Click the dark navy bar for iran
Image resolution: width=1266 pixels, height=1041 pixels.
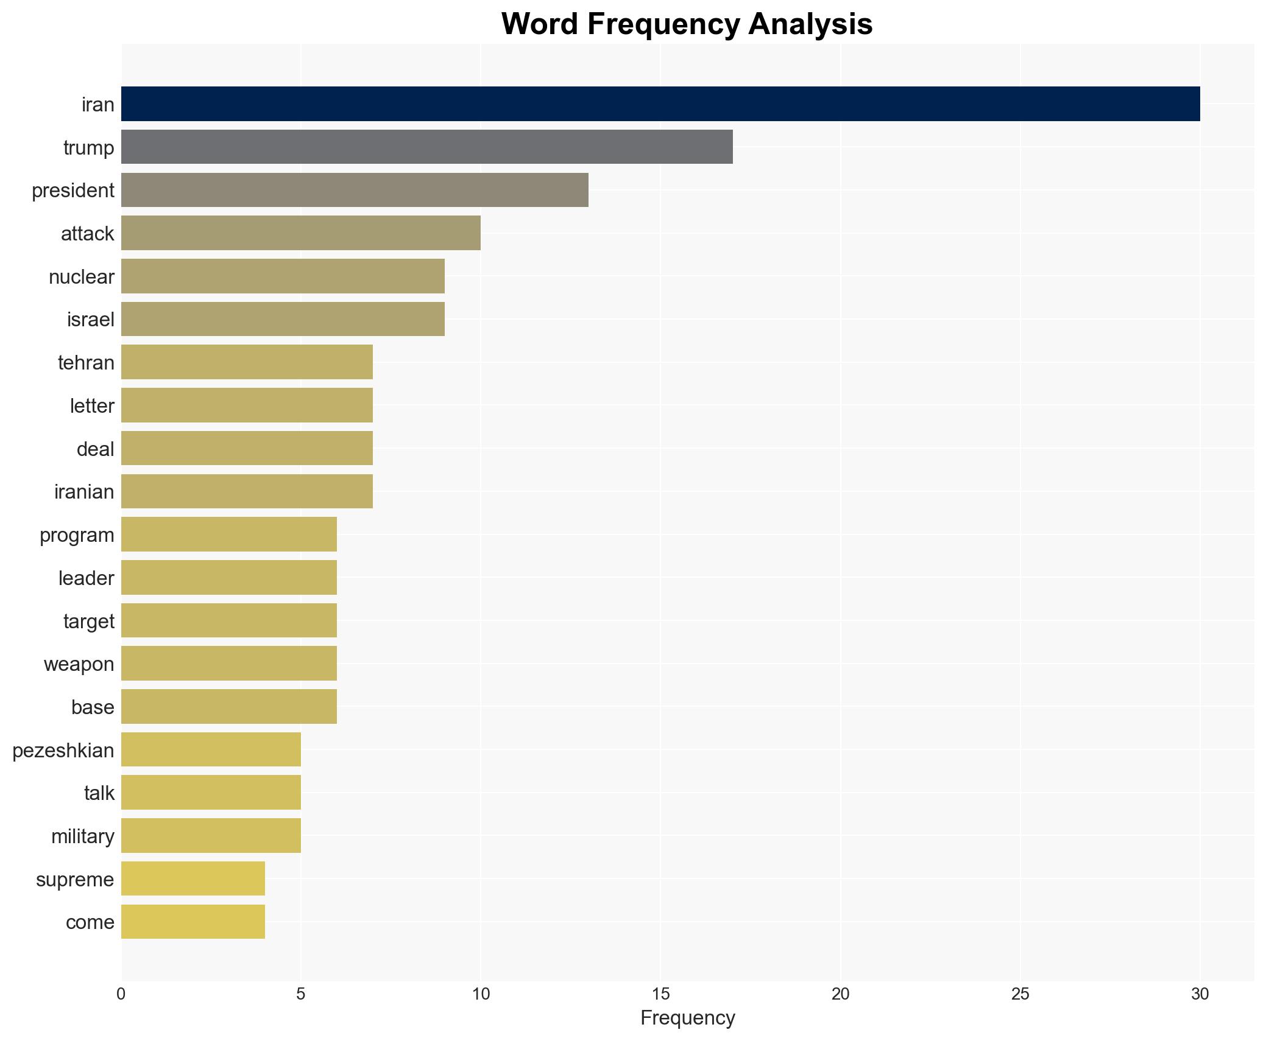[660, 104]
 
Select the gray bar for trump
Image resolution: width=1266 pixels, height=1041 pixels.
[426, 147]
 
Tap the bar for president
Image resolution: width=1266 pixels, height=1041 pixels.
[355, 190]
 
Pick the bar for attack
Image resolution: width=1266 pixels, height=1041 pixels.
[300, 233]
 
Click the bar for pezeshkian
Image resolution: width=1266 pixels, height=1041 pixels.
[211, 749]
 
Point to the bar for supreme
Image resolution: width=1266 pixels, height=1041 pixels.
[193, 878]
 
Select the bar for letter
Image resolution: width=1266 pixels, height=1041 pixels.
[247, 405]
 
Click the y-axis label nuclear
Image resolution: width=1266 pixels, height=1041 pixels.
[82, 277]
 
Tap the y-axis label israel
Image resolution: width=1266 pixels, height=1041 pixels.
[91, 320]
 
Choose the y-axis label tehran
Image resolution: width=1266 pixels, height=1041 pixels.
[86, 363]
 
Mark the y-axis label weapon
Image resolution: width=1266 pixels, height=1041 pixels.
[79, 664]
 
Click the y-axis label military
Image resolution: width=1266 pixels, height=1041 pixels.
[83, 836]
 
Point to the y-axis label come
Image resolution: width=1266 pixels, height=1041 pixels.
[90, 922]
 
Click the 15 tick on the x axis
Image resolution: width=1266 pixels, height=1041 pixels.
[660, 994]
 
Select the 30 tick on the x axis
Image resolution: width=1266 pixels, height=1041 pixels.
[1200, 994]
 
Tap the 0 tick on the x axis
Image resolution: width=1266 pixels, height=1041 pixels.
[121, 994]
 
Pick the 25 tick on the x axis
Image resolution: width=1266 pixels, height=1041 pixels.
[1020, 994]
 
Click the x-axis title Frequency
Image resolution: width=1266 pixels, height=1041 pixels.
[687, 1017]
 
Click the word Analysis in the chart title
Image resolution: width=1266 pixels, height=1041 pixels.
[810, 24]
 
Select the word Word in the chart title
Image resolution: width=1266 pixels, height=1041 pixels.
[540, 24]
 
